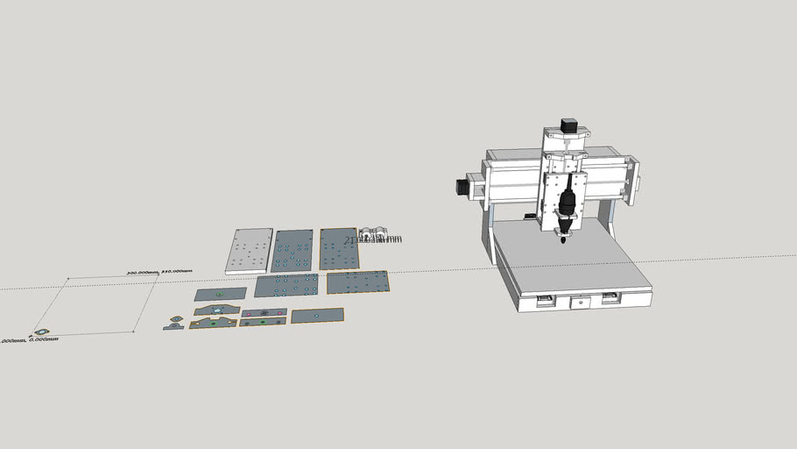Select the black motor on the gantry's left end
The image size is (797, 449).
[462, 187]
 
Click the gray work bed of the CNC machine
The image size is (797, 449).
[574, 259]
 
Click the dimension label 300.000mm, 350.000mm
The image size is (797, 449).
[159, 272]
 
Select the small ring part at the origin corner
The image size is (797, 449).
[40, 332]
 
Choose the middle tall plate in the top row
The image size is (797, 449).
[292, 251]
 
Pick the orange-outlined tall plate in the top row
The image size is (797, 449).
[339, 249]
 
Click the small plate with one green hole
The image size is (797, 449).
[221, 294]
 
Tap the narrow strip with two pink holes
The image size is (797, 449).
[264, 312]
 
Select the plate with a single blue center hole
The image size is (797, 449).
[317, 314]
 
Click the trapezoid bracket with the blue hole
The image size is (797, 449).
[216, 310]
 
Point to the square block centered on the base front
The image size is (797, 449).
[578, 303]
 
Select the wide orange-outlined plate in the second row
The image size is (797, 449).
[356, 282]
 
